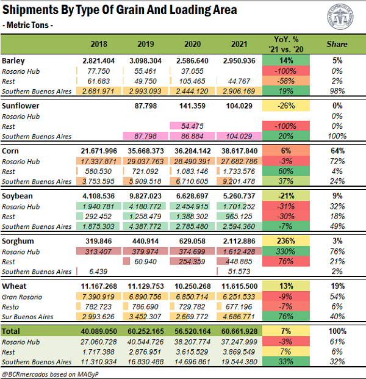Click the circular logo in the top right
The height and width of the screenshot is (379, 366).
(340, 16)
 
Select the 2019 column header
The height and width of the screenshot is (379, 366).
(146, 44)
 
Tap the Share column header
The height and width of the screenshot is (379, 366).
(337, 44)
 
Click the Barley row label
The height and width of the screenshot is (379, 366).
(13, 61)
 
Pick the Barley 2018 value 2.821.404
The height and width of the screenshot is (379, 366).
(99, 60)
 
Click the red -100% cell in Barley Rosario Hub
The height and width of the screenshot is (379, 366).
(286, 71)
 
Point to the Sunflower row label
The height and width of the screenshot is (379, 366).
(20, 106)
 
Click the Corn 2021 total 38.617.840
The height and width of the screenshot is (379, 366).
(239, 151)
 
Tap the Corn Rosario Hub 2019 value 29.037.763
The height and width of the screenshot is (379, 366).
(145, 161)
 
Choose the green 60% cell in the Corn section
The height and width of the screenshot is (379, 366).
(286, 171)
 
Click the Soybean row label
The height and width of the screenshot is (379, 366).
(17, 196)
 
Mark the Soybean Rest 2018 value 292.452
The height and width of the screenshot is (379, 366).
(98, 216)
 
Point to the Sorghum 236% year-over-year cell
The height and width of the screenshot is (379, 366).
(286, 241)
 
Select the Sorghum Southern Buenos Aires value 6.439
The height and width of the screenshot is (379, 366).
(98, 272)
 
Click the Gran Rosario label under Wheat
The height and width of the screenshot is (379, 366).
(22, 297)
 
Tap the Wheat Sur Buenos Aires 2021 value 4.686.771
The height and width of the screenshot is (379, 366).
(239, 316)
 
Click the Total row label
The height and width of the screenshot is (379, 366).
(11, 331)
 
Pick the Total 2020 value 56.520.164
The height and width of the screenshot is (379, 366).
(193, 331)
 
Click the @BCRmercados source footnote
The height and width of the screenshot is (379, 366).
(50, 374)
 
